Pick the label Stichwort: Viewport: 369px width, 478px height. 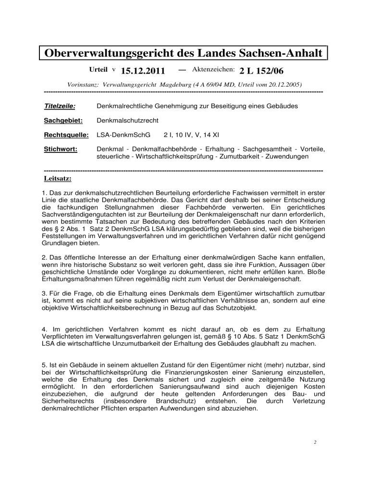[59, 149]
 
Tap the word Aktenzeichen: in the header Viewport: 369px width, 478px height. [213, 70]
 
